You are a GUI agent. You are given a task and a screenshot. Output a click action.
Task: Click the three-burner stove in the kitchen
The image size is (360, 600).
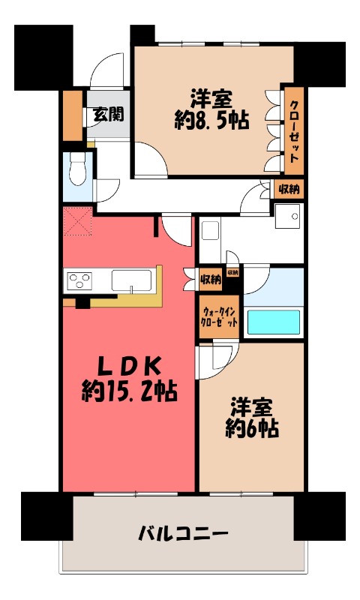pyautogui.click(x=79, y=281)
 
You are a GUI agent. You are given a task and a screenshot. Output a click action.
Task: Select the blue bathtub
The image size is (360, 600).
pyautogui.click(x=274, y=321)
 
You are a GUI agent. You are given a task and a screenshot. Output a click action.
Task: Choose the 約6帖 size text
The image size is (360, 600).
pyautogui.click(x=253, y=428)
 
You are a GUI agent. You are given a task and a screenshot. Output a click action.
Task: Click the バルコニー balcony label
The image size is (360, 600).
pyautogui.click(x=183, y=535)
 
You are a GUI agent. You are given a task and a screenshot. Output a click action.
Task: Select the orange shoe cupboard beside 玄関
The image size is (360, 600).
pyautogui.click(x=73, y=115)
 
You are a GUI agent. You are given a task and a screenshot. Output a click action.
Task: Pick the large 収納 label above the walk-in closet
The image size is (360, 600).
pyautogui.click(x=211, y=280)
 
